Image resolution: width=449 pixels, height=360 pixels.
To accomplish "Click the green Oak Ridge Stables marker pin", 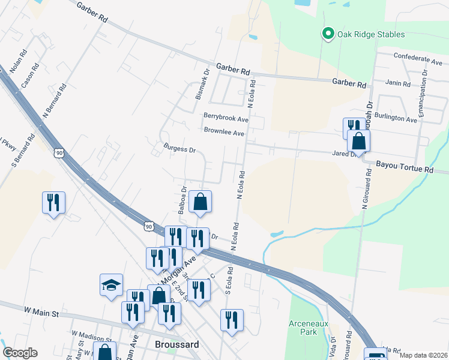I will pos(328,34).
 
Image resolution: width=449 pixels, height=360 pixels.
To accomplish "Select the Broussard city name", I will pos(176,346).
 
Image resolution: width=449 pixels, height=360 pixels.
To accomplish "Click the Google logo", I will pos(20,353).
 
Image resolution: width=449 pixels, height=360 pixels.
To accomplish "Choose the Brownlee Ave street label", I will pos(224,132).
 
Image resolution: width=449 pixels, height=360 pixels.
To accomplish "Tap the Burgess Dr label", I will pos(179,148).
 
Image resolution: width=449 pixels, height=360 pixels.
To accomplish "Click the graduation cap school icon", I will pos(110,285).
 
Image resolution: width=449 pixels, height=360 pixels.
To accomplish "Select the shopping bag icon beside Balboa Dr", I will pos(200,202).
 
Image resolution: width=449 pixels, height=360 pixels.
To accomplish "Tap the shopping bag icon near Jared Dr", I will pos(358,142).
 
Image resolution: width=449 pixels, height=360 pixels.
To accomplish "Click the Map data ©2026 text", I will pos(423,355).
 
